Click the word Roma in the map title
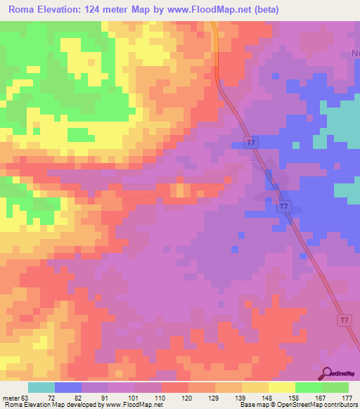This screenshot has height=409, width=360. pos(22,10)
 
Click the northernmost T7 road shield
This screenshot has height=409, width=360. pos(251,143)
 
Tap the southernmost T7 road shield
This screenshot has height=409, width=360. pos(343,320)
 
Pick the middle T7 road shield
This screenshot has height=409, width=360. pos(283,207)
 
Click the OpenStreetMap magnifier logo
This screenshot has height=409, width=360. pos(327,375)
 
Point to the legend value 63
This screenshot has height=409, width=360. pos(25,398)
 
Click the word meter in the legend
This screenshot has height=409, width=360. pos(10,398)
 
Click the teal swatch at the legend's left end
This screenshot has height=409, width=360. pos(41,387)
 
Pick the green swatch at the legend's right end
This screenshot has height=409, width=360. pos(335,387)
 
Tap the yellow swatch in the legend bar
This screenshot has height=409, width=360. pos(281,387)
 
